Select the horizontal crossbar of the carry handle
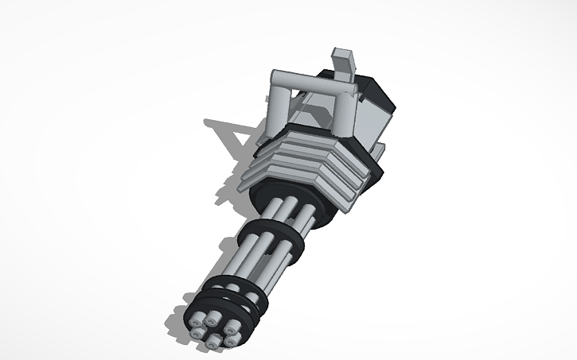click(310, 80)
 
